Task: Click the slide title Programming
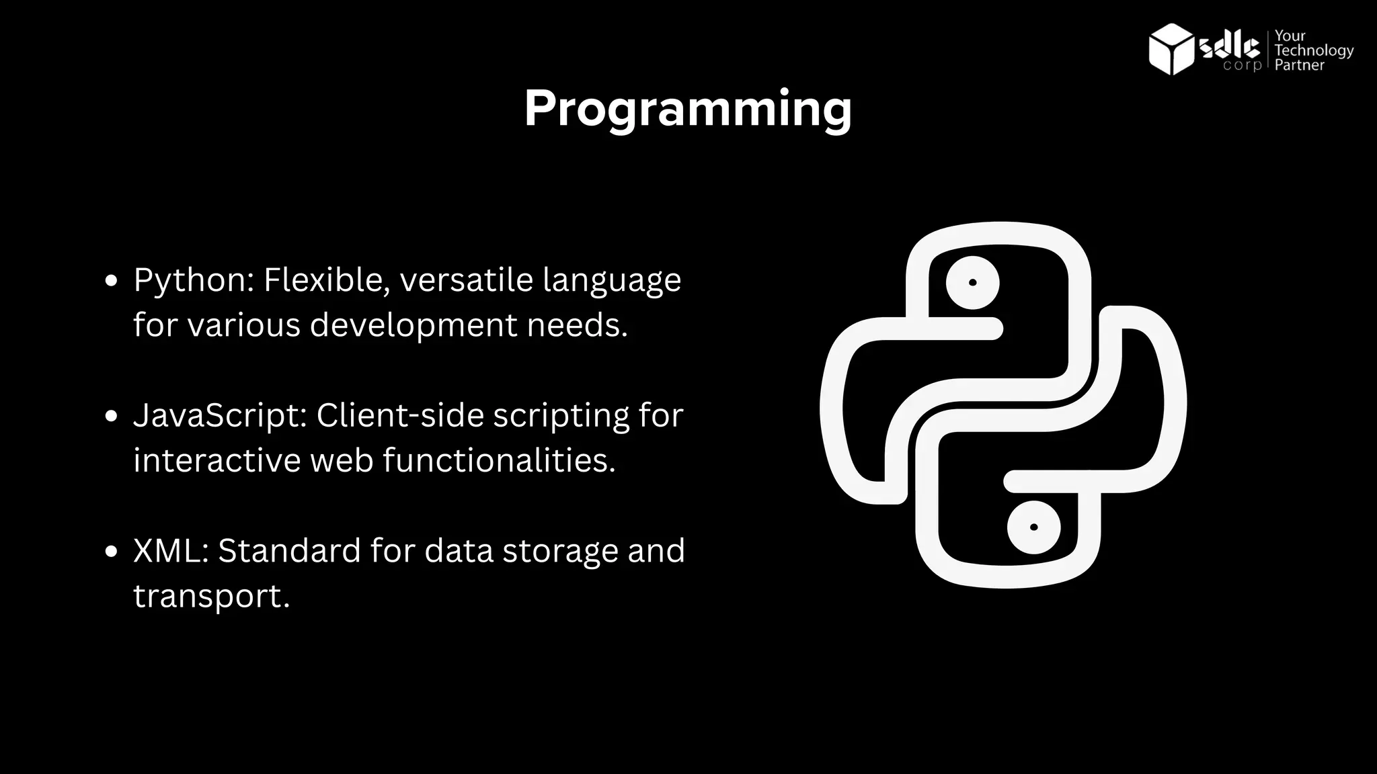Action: pyautogui.click(x=688, y=109)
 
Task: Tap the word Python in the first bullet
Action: pyautogui.click(x=191, y=281)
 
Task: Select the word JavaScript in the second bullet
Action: pyautogui.click(x=218, y=415)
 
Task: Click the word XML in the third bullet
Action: pyautogui.click(x=169, y=550)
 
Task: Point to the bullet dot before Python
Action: pyautogui.click(x=112, y=280)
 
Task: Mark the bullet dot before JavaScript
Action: pyautogui.click(x=112, y=416)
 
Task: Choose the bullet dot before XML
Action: pyautogui.click(x=112, y=552)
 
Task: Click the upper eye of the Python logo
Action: pyautogui.click(x=972, y=283)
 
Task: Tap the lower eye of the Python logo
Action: pyautogui.click(x=1033, y=527)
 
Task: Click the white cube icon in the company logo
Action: pyautogui.click(x=1171, y=49)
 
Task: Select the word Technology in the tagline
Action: pyautogui.click(x=1314, y=51)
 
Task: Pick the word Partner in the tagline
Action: pyautogui.click(x=1299, y=66)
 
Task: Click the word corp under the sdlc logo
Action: pyautogui.click(x=1242, y=66)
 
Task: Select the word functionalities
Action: pyautogui.click(x=498, y=460)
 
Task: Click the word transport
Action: pyautogui.click(x=210, y=596)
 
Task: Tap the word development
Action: pyautogui.click(x=413, y=325)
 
